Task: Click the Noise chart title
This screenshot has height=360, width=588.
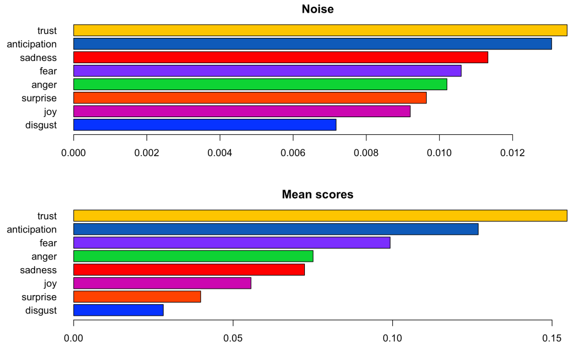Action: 318,9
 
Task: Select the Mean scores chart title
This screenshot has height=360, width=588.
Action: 318,195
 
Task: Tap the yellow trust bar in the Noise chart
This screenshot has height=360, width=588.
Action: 320,30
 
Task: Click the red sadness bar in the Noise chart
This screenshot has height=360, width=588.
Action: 280,57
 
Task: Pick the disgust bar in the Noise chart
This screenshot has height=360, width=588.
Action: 204,125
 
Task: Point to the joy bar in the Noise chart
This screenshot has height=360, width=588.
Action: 242,111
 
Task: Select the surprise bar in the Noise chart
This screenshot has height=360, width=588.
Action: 250,98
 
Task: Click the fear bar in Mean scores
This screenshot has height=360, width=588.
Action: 231,243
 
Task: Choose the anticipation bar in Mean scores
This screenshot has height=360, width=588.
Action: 276,229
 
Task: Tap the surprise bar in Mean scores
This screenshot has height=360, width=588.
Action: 137,297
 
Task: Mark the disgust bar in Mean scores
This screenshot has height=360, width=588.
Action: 118,310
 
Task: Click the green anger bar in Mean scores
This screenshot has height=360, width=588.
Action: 193,256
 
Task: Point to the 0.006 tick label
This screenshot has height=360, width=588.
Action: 293,154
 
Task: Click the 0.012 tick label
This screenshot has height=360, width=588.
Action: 512,154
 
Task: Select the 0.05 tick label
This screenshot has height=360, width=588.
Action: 233,339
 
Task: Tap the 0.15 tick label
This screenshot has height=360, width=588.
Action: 551,339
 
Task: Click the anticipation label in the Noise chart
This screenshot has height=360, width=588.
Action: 32,44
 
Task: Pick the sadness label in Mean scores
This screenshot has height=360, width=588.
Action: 38,270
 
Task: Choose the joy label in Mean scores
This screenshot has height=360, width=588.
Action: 50,284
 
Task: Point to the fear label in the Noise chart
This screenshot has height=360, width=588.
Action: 48,71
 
